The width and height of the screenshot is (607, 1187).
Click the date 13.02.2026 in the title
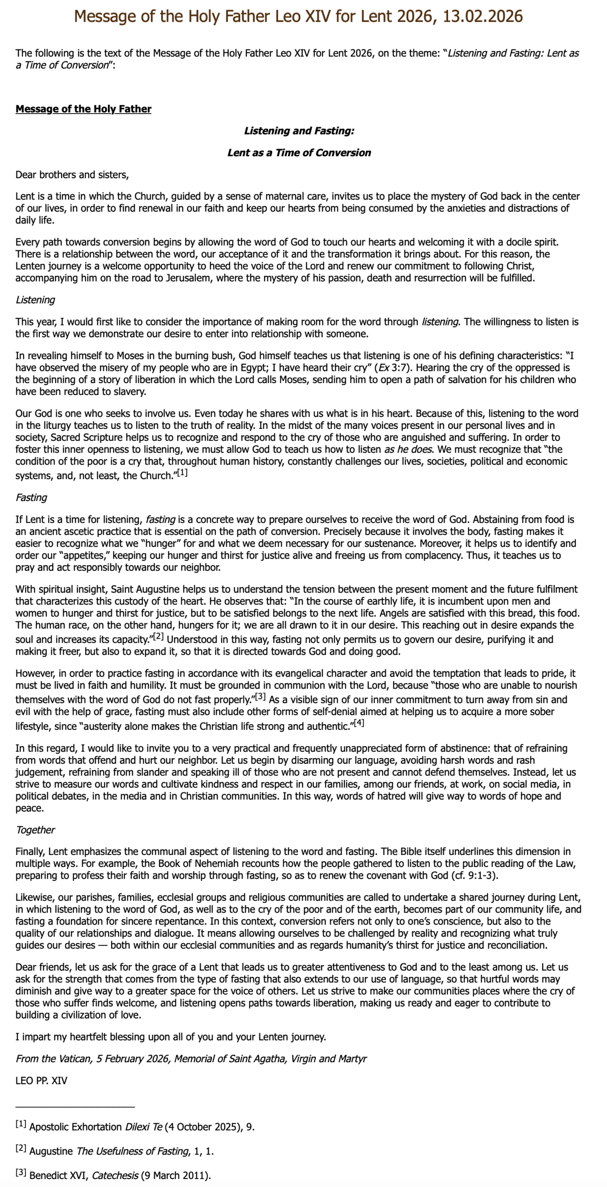point(482,17)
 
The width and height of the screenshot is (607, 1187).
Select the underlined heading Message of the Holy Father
point(83,109)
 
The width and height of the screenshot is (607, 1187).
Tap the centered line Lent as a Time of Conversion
point(299,153)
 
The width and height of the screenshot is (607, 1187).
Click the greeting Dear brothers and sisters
point(72,175)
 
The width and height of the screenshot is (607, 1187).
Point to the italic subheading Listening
point(35,300)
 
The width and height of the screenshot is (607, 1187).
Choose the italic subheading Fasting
point(31,498)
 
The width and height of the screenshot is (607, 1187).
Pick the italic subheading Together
point(35,830)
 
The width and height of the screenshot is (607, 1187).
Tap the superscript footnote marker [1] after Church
point(182,473)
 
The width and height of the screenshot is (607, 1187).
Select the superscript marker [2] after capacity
point(158,636)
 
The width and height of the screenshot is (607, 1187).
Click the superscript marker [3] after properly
point(260,696)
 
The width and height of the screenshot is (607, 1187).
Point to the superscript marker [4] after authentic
point(359,723)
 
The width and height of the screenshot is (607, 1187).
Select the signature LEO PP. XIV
point(41,1081)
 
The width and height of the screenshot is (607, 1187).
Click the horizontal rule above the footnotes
point(75,1106)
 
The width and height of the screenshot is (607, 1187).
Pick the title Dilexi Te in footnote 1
point(143,1127)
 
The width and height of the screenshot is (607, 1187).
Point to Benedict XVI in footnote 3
point(58,1176)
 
